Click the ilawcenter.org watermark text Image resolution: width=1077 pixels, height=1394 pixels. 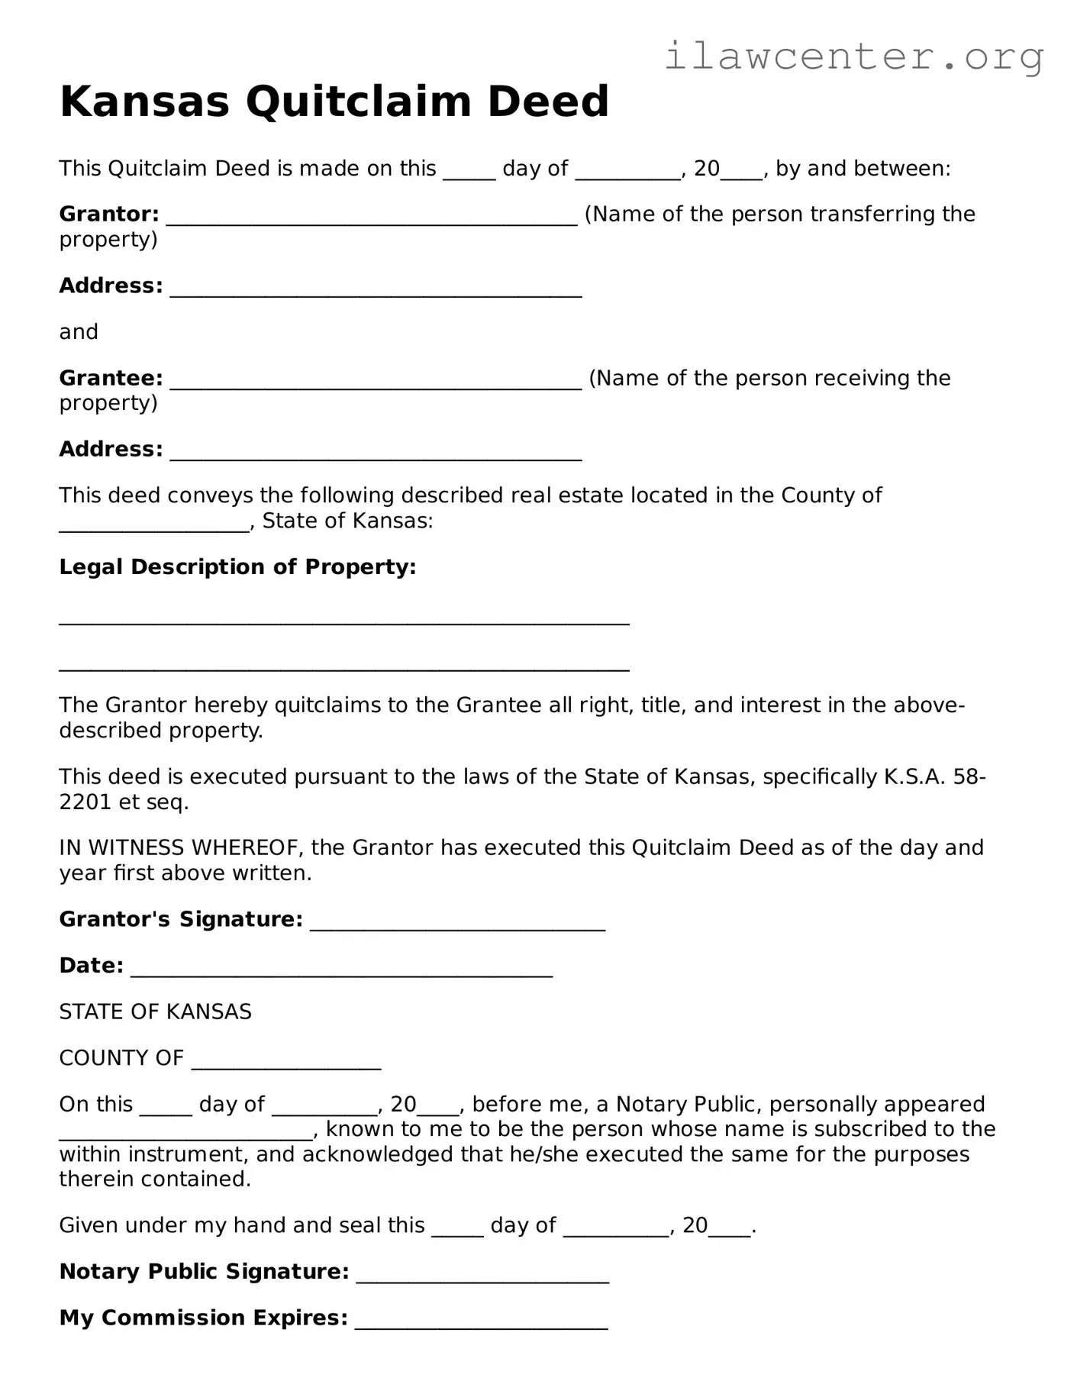(853, 56)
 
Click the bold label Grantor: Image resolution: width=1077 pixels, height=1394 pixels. (109, 215)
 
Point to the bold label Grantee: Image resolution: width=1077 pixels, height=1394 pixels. (111, 379)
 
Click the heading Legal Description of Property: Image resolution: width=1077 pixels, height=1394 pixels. (237, 567)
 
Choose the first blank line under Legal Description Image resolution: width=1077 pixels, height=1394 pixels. (344, 622)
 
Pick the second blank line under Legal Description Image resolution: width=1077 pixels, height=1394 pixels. (344, 668)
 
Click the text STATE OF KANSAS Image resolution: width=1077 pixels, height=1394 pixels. (155, 1012)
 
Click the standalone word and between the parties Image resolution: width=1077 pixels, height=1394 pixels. (79, 332)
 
